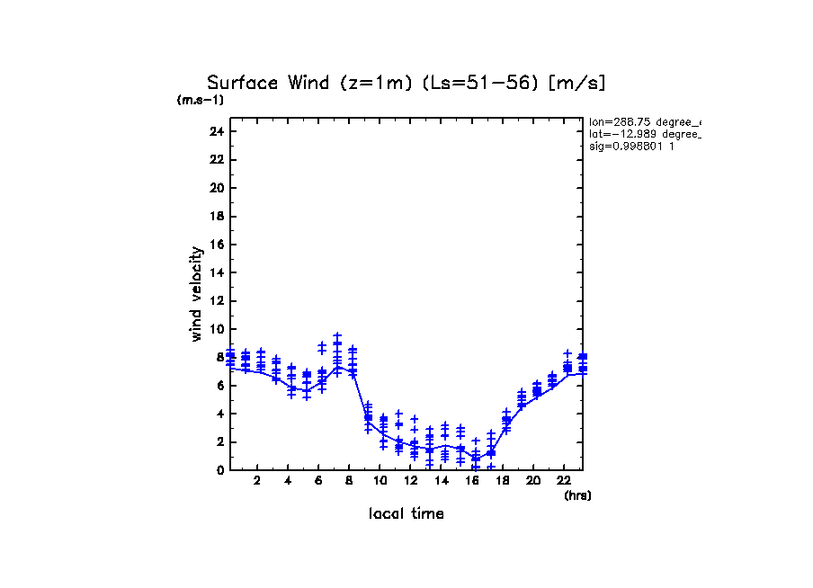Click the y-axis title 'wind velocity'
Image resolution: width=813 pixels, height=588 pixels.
[196, 294]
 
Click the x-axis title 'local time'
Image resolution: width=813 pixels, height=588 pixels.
[406, 513]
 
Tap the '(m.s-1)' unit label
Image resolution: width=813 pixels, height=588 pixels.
[201, 100]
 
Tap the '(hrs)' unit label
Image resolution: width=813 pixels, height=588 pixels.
[577, 495]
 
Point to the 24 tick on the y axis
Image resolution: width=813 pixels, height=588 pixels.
[215, 132]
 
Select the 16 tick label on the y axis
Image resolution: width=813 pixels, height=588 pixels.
[215, 245]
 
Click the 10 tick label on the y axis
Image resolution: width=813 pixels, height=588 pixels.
[215, 329]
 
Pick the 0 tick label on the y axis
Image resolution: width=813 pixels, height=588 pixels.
[219, 469]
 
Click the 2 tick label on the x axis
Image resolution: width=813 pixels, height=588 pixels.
[257, 480]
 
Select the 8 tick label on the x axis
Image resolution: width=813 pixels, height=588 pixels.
[349, 480]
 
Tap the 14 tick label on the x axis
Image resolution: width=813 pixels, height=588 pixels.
[441, 480]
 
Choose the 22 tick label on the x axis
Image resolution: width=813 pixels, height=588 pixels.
[563, 480]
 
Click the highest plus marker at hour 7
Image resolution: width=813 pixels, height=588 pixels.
[337, 335]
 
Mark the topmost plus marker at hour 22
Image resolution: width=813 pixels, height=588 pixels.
[567, 353]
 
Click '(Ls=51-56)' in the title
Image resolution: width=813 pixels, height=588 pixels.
[469, 83]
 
